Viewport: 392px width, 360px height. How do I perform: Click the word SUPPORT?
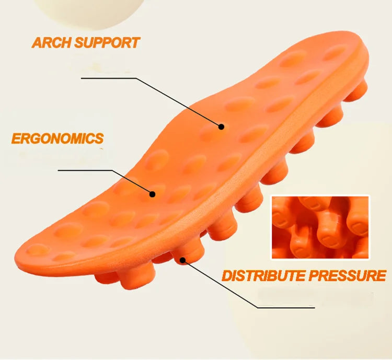click(107, 42)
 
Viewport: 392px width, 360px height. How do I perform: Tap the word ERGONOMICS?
click(57, 138)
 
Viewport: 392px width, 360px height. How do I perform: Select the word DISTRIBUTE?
click(263, 276)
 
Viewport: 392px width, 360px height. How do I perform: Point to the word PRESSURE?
click(348, 275)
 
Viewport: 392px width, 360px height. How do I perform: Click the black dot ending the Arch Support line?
click(221, 127)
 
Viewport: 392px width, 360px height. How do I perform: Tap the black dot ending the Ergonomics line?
click(152, 194)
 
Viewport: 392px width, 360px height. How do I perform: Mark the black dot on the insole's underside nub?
click(183, 260)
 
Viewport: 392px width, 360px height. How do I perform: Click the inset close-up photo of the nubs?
click(320, 227)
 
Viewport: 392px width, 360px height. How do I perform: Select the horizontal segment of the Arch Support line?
click(109, 78)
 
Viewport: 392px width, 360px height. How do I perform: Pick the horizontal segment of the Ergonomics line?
click(85, 170)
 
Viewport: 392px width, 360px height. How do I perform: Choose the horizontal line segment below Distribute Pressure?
click(286, 308)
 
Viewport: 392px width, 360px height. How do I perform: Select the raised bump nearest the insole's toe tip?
click(38, 250)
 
